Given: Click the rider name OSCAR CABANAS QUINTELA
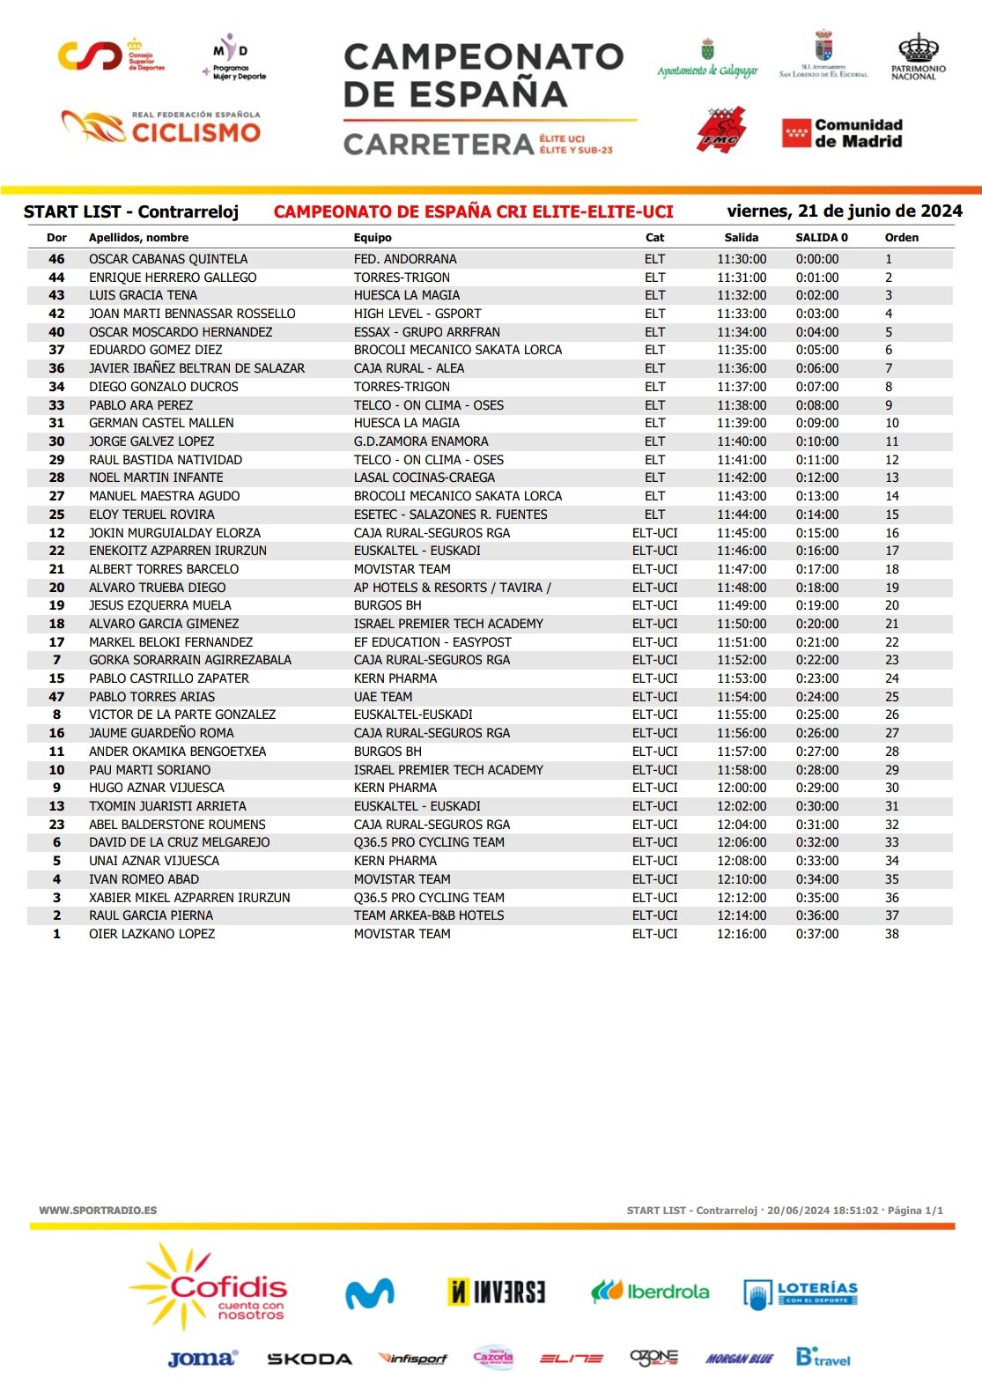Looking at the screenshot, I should point(168,259).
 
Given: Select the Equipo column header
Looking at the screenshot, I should point(373,238).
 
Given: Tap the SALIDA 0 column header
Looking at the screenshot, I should point(821,238).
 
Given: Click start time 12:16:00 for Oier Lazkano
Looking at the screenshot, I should point(742,934).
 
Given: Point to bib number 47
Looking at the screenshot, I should point(56,697).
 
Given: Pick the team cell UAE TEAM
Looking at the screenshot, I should point(383,697).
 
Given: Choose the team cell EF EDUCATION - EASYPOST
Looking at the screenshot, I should point(432,642).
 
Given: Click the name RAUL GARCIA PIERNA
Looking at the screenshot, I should point(151,915).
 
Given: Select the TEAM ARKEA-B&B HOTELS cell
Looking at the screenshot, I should point(429,915).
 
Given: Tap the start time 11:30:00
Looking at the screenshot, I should point(742,259).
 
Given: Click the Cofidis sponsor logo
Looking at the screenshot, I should point(211,1288).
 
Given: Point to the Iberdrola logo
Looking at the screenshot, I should point(651,1292).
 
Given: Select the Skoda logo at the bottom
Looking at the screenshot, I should point(309,1359).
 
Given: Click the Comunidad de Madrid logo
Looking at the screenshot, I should point(843,133).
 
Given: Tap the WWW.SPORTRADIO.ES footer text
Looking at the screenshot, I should point(98,1211).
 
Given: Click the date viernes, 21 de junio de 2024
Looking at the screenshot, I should point(844,211).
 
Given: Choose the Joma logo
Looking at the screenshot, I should point(203,1359).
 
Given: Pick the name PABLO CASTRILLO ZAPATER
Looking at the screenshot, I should point(169,678).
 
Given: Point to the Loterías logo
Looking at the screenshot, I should point(801,1293).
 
